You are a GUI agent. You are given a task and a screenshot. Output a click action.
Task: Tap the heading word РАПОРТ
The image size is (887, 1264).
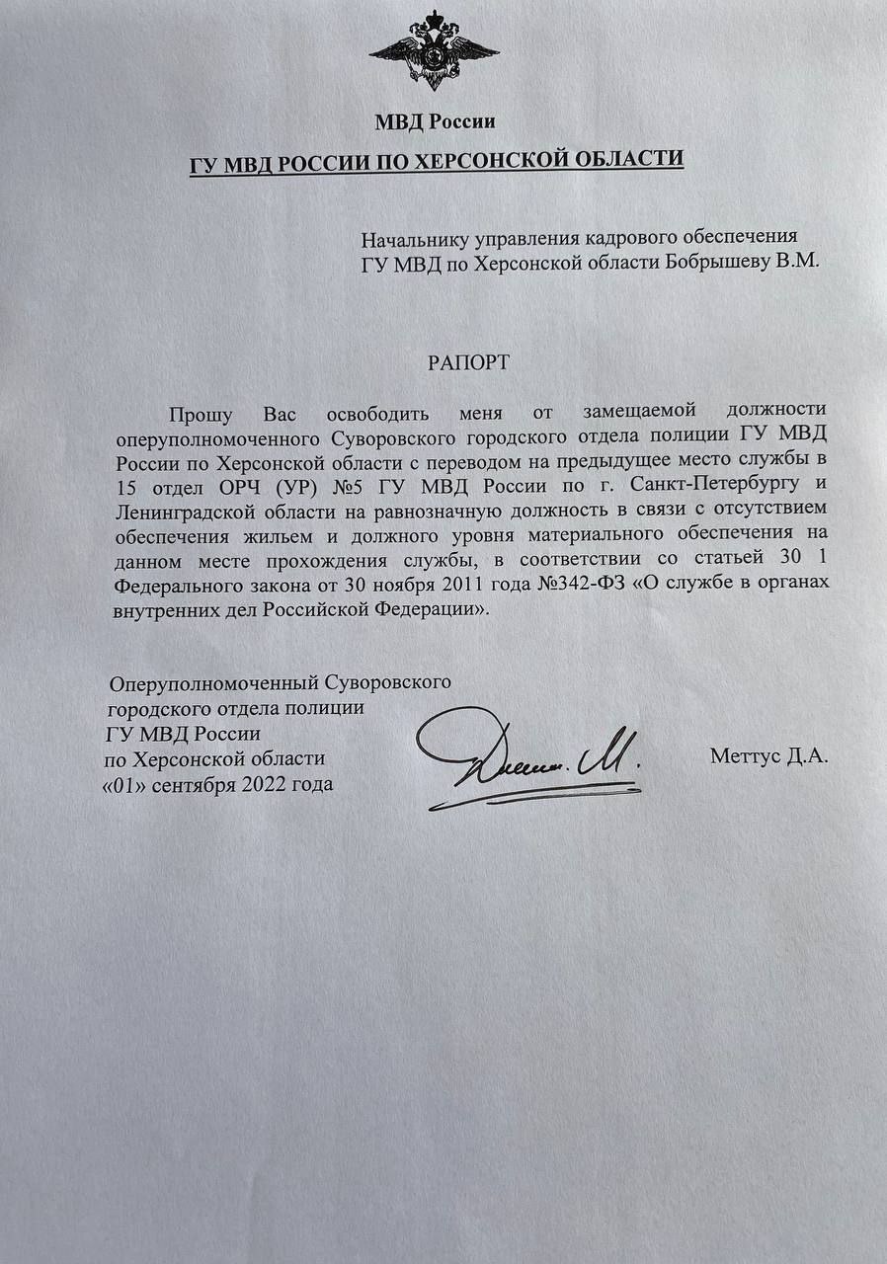pos(469,362)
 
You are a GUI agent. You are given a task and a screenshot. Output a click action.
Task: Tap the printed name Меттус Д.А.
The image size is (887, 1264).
pos(768,758)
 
